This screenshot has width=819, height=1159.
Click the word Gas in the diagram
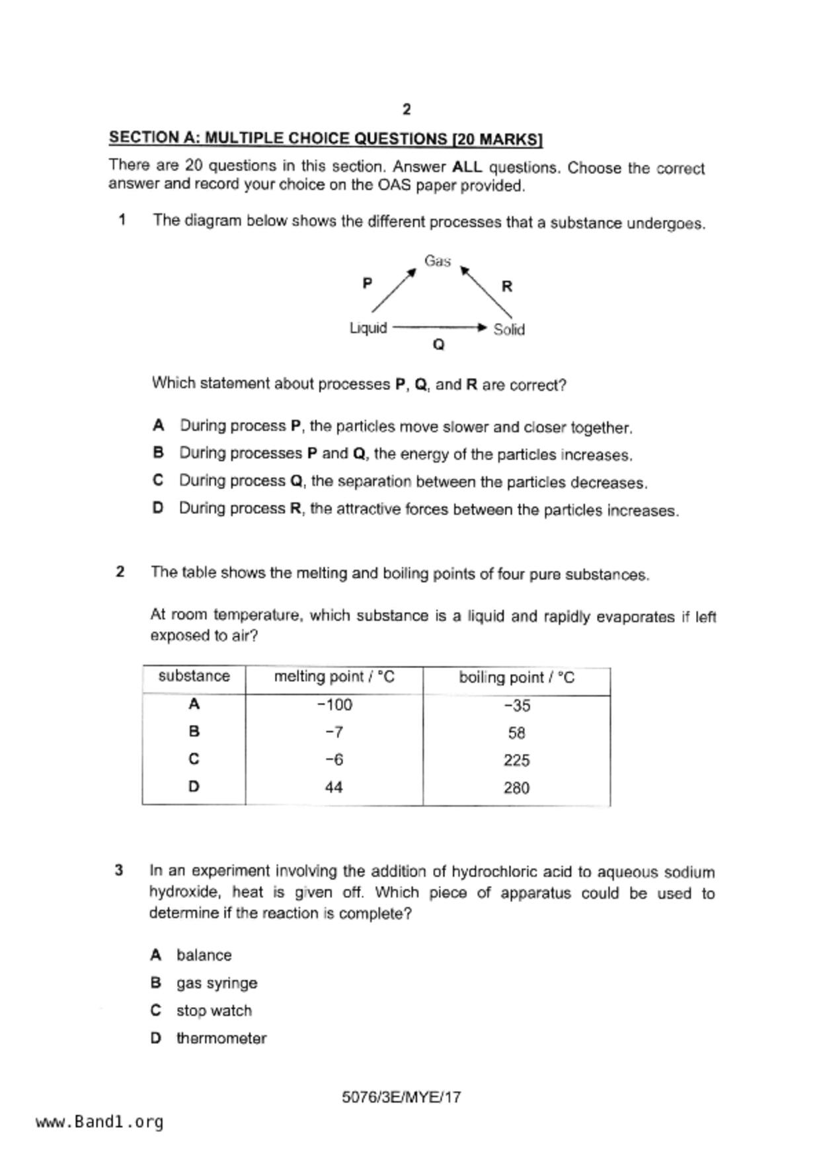(438, 261)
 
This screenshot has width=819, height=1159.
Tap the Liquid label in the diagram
(368, 328)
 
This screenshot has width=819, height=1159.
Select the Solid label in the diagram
(509, 329)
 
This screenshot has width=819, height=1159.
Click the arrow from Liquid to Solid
(439, 327)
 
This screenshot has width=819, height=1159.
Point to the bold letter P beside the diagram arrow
(368, 283)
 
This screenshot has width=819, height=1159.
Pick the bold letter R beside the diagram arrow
(507, 286)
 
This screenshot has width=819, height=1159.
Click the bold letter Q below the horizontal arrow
(438, 345)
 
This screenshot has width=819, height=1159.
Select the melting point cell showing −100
(334, 705)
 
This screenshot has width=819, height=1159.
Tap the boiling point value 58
(517, 733)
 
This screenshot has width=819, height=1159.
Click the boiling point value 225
(516, 761)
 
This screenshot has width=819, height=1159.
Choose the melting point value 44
(334, 788)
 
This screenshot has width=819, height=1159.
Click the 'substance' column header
(194, 676)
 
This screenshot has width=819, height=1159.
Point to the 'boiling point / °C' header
(516, 678)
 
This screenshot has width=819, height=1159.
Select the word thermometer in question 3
(221, 1038)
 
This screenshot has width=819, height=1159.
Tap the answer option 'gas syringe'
(217, 983)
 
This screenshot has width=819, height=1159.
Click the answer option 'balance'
(204, 955)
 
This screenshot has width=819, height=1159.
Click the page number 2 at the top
(407, 110)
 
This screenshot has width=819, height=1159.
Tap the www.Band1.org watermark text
(100, 1122)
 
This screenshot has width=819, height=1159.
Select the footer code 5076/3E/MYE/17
(401, 1098)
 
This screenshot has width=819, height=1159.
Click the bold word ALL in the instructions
(467, 167)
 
